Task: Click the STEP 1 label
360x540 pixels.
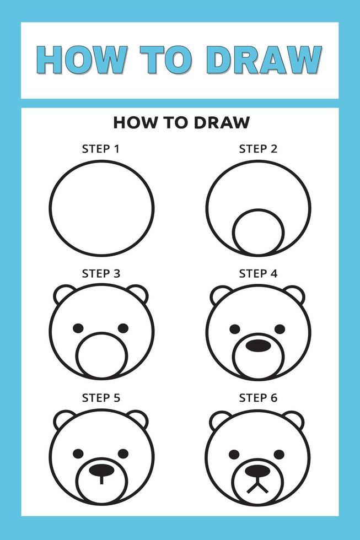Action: tap(100, 148)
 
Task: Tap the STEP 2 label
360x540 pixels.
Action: tap(257, 148)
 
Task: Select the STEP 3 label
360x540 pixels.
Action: tap(100, 273)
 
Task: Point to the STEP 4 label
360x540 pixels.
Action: tap(257, 273)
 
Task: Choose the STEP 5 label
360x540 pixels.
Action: tap(100, 397)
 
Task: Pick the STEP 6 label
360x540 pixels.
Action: tap(257, 397)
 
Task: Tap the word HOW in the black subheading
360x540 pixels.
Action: tap(131, 122)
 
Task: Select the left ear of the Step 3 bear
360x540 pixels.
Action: tap(64, 294)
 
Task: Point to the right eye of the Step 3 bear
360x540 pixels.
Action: tap(123, 328)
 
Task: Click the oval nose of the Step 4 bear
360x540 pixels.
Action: tap(258, 345)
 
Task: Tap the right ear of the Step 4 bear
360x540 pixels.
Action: tap(294, 294)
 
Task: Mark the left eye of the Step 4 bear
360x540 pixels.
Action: tap(235, 329)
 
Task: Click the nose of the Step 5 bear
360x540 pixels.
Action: tap(101, 469)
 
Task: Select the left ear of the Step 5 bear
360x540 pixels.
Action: tap(64, 419)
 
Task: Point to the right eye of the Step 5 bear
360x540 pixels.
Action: tap(123, 453)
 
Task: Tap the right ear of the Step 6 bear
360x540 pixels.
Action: tap(294, 419)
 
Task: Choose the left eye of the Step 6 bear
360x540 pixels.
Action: tap(235, 454)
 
